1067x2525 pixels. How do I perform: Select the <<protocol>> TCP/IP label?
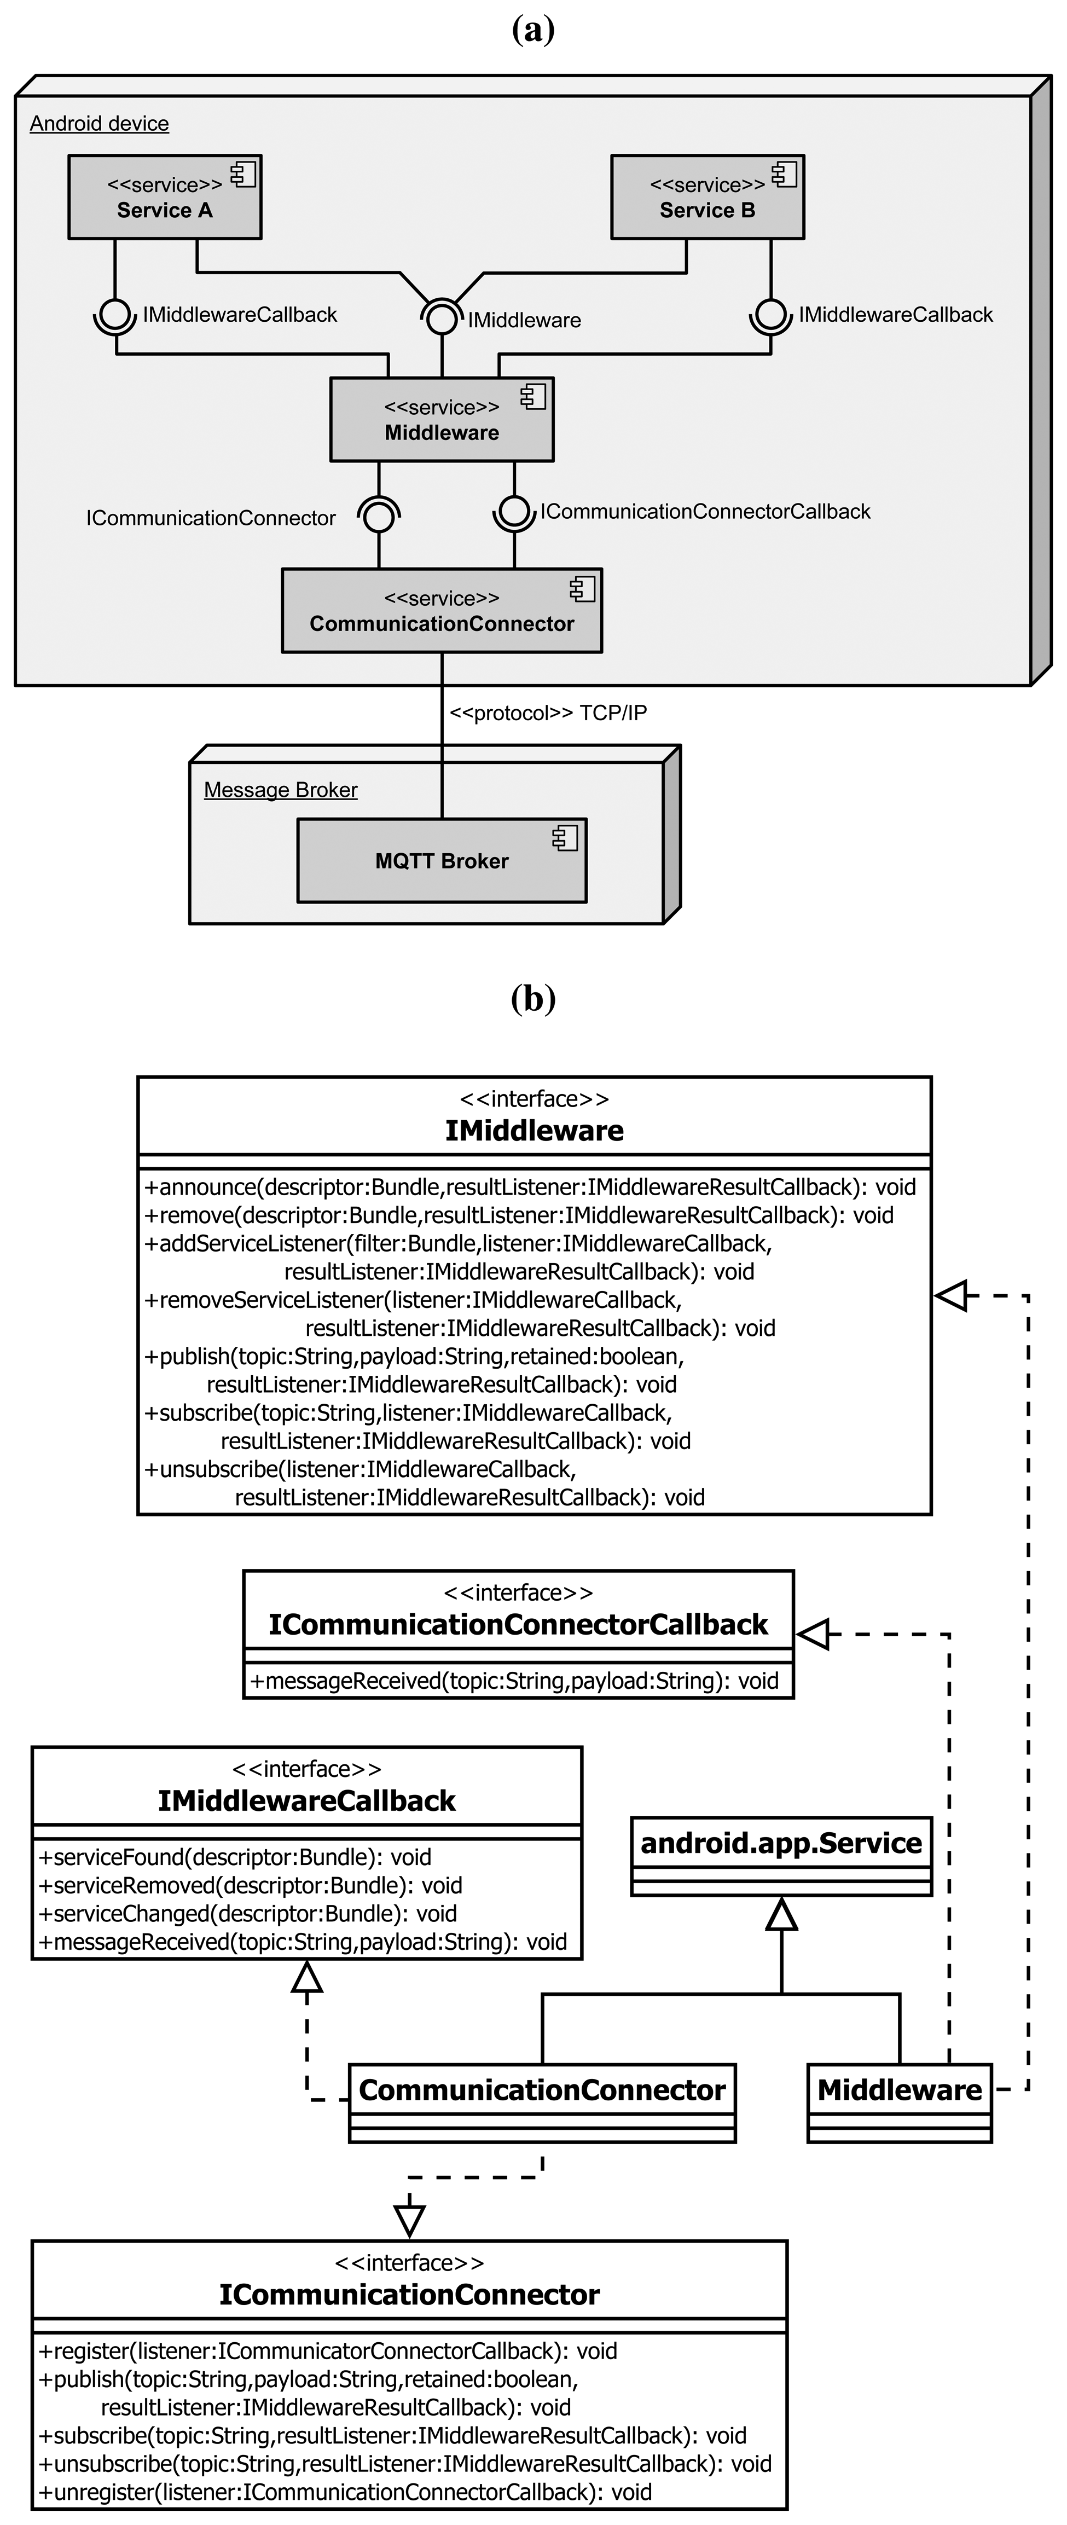[x=548, y=713]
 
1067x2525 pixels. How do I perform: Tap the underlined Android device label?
[x=99, y=124]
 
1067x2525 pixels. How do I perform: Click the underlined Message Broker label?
[x=280, y=790]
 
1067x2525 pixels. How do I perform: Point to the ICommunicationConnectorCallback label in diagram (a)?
[x=704, y=512]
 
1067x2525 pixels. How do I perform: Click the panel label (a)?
[x=533, y=30]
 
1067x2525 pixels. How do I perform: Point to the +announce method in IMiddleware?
[x=529, y=1187]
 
